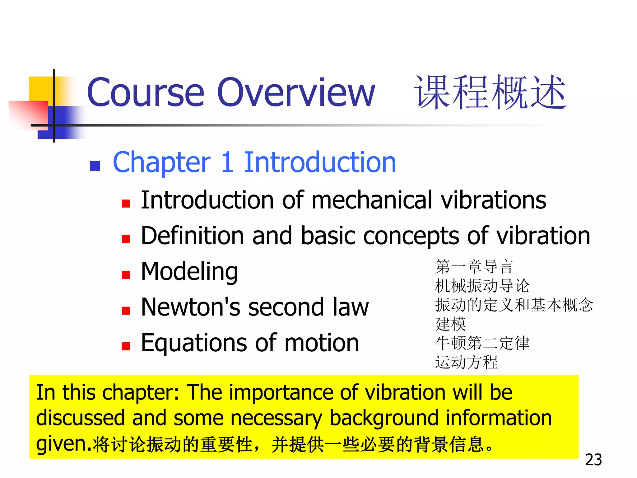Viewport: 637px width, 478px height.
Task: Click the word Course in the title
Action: click(146, 92)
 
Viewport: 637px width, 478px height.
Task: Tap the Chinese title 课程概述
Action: click(490, 92)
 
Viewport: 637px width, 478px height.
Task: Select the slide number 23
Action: click(593, 460)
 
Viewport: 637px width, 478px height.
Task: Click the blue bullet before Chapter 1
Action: click(95, 166)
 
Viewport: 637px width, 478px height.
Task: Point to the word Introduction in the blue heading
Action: click(320, 162)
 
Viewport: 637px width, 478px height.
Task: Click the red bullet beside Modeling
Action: click(126, 275)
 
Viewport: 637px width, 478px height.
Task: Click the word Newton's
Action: click(190, 307)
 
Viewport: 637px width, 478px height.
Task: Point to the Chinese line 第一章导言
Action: click(474, 267)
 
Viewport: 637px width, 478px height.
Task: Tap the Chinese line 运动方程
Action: click(466, 362)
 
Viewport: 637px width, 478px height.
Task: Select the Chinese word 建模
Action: click(450, 324)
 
